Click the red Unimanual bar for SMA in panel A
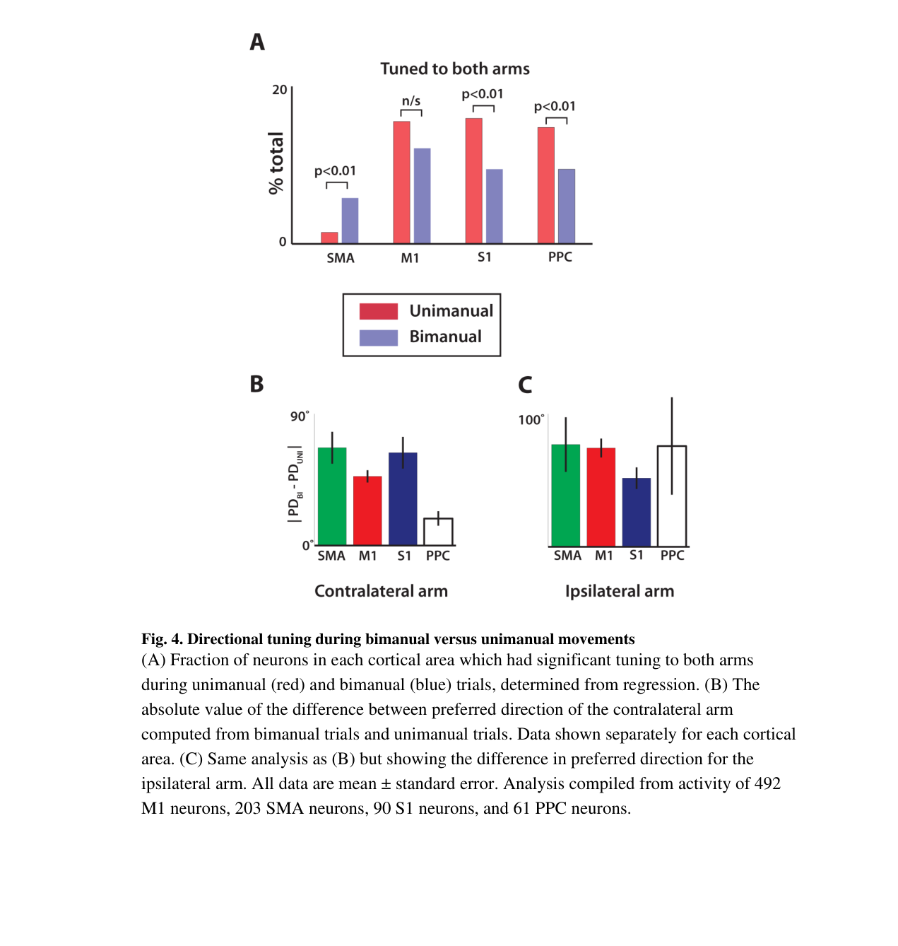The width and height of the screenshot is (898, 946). pyautogui.click(x=329, y=238)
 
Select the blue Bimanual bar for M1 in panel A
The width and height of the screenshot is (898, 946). pyautogui.click(x=422, y=196)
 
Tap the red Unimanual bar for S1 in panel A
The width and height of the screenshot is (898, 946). pyautogui.click(x=473, y=181)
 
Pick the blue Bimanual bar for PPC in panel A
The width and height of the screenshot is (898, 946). pyautogui.click(x=566, y=206)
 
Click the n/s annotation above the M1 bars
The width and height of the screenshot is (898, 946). pyautogui.click(x=410, y=101)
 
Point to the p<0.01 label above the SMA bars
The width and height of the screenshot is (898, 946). pyautogui.click(x=335, y=171)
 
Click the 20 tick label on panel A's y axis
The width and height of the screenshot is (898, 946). pyautogui.click(x=279, y=90)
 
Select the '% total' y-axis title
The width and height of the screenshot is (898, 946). pyautogui.click(x=276, y=163)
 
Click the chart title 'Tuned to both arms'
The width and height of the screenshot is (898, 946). pyautogui.click(x=454, y=69)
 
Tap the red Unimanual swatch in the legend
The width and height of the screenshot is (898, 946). pyautogui.click(x=378, y=311)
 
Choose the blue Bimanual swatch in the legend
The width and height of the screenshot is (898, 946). pyautogui.click(x=378, y=337)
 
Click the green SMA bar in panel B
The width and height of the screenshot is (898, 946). pyautogui.click(x=331, y=496)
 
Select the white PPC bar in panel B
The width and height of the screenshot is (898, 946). pyautogui.click(x=438, y=531)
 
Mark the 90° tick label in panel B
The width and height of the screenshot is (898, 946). pyautogui.click(x=299, y=416)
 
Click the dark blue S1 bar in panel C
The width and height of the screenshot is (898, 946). pyautogui.click(x=636, y=512)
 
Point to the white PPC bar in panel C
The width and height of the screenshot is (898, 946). pyautogui.click(x=671, y=496)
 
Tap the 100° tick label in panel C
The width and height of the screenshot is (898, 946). pyautogui.click(x=531, y=419)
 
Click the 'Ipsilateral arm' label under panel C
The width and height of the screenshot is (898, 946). pyautogui.click(x=619, y=591)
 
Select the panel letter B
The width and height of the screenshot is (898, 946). pyautogui.click(x=256, y=384)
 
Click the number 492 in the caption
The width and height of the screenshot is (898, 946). pyautogui.click(x=767, y=783)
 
